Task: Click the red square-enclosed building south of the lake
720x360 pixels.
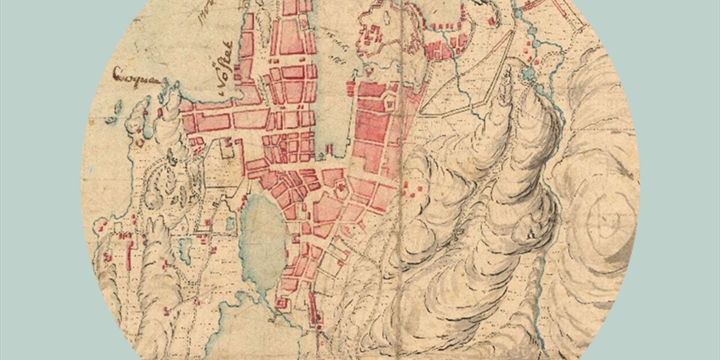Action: (x=282, y=303)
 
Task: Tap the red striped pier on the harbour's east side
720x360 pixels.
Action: (x=350, y=89)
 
